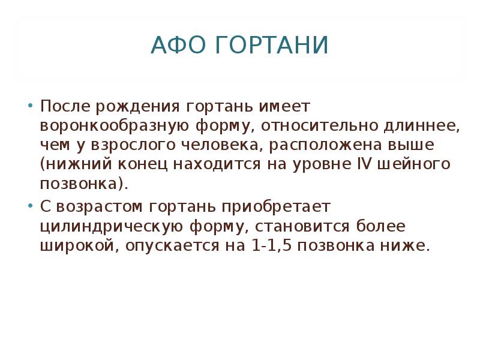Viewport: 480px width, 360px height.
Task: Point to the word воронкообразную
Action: [114, 127]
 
